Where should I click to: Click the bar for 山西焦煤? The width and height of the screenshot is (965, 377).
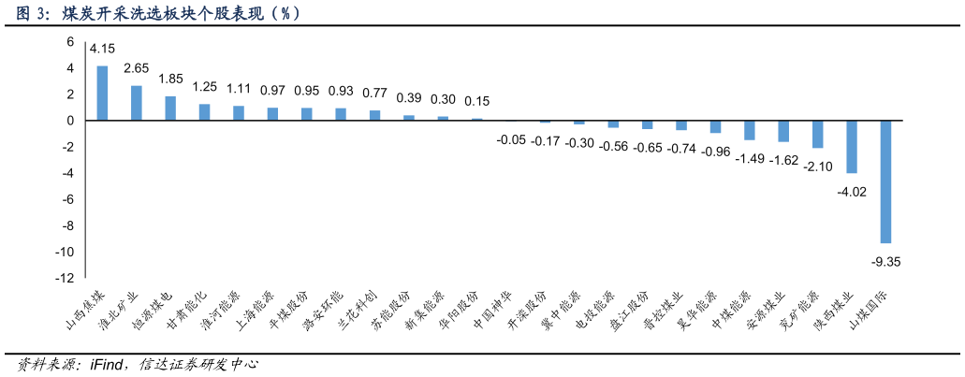point(102,93)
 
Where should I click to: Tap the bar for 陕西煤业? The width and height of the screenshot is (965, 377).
point(852,147)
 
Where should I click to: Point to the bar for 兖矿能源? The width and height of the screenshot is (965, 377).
point(817,134)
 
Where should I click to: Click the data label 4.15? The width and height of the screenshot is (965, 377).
point(102,49)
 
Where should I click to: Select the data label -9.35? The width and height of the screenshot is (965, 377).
point(885,262)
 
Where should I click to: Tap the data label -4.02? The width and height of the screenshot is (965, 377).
point(852,192)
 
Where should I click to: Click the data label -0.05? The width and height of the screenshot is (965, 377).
point(511,140)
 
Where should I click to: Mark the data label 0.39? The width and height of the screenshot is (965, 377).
point(409,97)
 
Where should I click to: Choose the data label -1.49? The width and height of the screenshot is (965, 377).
point(750,159)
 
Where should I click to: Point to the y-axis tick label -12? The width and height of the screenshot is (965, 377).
point(65,278)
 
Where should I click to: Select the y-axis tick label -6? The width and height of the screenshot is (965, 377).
point(67,199)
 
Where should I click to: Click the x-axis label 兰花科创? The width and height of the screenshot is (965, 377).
point(357,310)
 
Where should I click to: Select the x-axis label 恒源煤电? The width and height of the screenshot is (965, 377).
point(152,310)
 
